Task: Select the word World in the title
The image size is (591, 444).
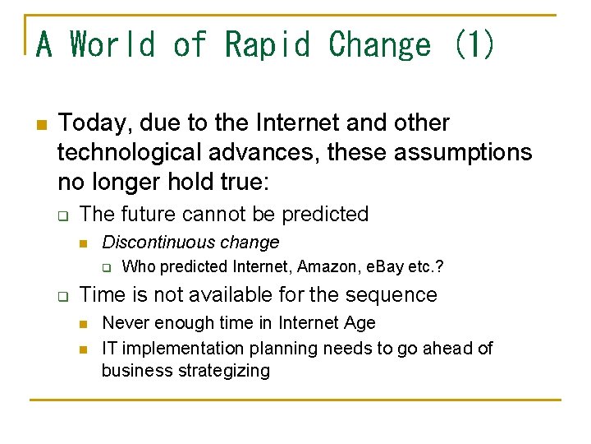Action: click(x=112, y=44)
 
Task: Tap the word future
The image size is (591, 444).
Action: click(x=147, y=215)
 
